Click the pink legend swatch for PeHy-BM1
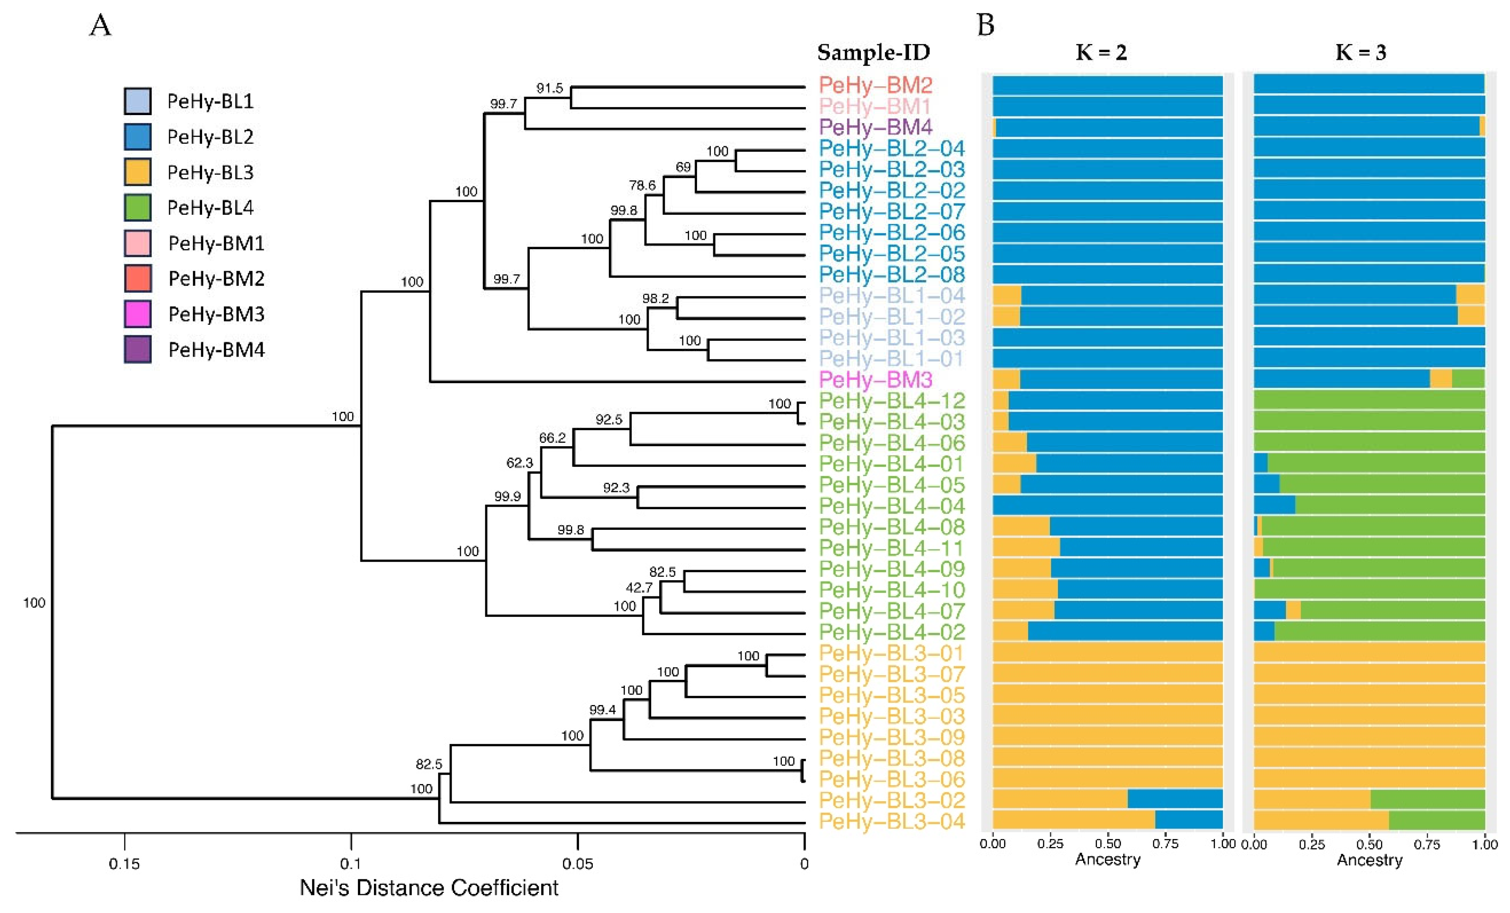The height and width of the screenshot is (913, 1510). pyautogui.click(x=137, y=243)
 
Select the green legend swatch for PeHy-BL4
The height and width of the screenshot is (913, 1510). pyautogui.click(x=137, y=208)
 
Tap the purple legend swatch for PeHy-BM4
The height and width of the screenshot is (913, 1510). pyautogui.click(x=137, y=350)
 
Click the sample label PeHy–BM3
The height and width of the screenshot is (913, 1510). pyautogui.click(x=875, y=380)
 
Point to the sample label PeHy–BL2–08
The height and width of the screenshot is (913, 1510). pyautogui.click(x=892, y=274)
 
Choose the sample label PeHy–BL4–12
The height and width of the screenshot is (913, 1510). pyautogui.click(x=892, y=401)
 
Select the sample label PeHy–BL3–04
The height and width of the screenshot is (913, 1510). pyautogui.click(x=892, y=821)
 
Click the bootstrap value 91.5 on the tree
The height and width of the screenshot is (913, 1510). pyautogui.click(x=549, y=88)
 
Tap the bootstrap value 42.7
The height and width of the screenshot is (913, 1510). pyautogui.click(x=639, y=588)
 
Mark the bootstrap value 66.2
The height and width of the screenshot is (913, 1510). pyautogui.click(x=552, y=438)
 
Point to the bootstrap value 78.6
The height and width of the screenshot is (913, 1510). pyautogui.click(x=642, y=185)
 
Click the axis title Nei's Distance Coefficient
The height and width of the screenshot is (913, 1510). pyautogui.click(x=429, y=888)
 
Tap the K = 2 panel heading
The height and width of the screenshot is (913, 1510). pyautogui.click(x=1101, y=53)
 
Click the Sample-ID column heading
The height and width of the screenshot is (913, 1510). pyautogui.click(x=873, y=53)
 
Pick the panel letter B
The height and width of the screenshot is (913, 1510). pyautogui.click(x=985, y=26)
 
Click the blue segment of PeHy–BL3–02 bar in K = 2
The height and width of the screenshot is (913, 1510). pyautogui.click(x=1175, y=800)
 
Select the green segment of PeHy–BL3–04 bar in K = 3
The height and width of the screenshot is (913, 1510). pyautogui.click(x=1436, y=821)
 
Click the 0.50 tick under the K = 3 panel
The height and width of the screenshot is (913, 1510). pyautogui.click(x=1369, y=845)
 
